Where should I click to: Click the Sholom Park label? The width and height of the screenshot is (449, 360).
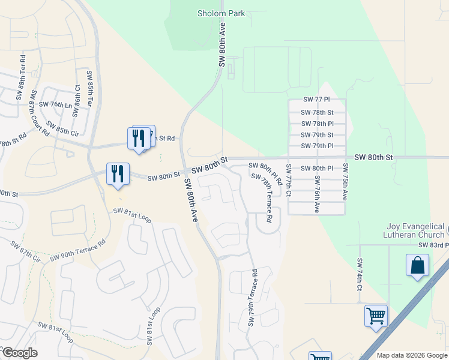(x=221, y=13)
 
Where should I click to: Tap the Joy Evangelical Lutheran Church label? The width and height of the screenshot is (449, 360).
(x=416, y=231)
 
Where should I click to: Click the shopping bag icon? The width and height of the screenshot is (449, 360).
(x=417, y=265)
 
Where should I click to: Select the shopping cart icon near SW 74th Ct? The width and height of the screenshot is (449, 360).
(x=376, y=315)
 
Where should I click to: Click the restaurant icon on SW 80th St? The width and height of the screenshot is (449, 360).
(x=118, y=173)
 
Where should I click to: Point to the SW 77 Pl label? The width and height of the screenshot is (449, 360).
(x=317, y=100)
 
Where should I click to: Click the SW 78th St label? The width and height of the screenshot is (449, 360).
(x=318, y=112)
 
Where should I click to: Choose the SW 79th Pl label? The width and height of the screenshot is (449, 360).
(x=318, y=146)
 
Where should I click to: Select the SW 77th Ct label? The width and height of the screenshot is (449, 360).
(x=289, y=180)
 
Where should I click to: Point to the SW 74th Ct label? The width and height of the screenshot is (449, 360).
(x=359, y=275)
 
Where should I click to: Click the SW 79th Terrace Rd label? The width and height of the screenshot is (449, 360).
(x=253, y=298)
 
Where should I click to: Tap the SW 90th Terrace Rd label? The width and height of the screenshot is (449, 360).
(x=77, y=250)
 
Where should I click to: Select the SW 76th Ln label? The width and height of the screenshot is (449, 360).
(x=56, y=104)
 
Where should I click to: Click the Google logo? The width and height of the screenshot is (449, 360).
(x=20, y=353)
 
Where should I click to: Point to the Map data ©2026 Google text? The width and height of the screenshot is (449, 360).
(x=412, y=355)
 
